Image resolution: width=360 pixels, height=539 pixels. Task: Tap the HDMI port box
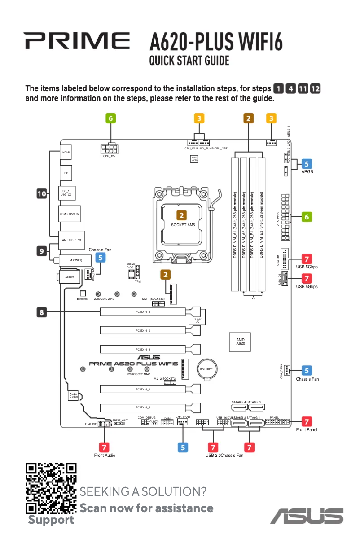coord(66,153)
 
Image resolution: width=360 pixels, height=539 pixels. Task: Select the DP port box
coord(66,173)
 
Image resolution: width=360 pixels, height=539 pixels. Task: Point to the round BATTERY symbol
coord(206,369)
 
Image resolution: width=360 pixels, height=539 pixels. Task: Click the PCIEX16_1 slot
coord(143,311)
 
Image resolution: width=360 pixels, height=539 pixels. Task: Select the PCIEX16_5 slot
coord(143,408)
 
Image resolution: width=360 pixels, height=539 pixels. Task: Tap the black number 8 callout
coord(41,311)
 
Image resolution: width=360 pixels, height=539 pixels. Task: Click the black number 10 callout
coord(41,194)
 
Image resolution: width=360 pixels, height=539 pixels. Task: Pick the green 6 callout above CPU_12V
coord(111,118)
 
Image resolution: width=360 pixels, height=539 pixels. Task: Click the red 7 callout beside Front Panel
coord(307,421)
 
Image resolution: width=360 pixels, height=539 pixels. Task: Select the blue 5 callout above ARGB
coord(307,163)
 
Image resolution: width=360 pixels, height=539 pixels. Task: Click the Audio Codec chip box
coord(74,395)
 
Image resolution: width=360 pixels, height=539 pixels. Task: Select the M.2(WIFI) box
coord(75,260)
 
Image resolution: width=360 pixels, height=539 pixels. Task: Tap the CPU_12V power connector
coord(109,149)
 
